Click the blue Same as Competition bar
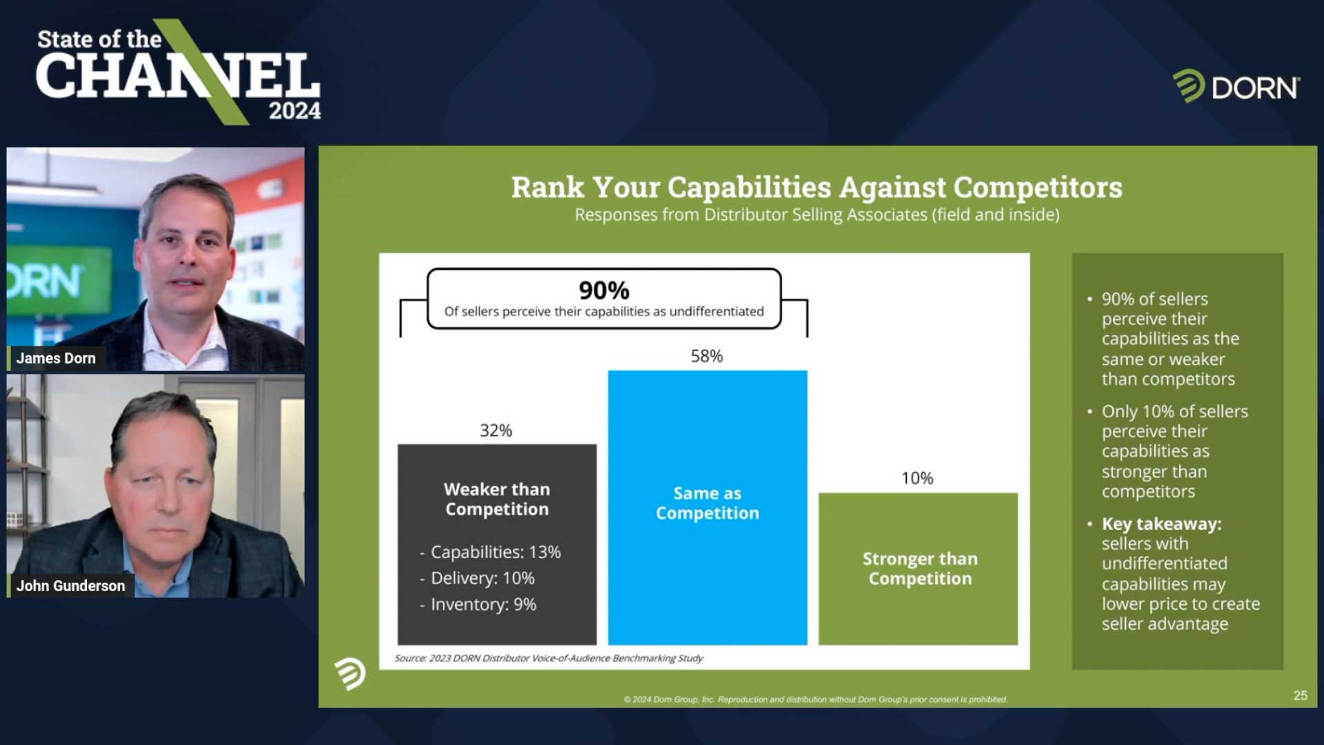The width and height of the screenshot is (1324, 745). [708, 508]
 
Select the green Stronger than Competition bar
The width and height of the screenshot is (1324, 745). [918, 569]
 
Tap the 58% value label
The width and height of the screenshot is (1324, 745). [707, 356]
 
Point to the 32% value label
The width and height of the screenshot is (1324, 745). [496, 430]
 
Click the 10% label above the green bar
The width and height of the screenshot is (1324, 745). [917, 478]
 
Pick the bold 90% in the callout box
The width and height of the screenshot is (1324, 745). [604, 290]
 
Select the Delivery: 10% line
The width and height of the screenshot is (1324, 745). [477, 578]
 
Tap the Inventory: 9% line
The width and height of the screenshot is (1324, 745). [478, 604]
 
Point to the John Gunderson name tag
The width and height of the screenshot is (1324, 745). [70, 586]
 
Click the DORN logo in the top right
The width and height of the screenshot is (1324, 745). [1236, 87]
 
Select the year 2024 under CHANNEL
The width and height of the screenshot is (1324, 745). [294, 110]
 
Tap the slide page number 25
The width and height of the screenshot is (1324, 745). [1300, 695]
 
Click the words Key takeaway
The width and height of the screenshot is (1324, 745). [1161, 524]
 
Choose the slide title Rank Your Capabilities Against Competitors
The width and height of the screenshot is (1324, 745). [816, 187]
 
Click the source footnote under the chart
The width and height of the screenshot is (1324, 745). [548, 658]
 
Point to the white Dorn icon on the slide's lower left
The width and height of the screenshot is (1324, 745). [350, 673]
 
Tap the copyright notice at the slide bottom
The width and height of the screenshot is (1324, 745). [815, 699]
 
